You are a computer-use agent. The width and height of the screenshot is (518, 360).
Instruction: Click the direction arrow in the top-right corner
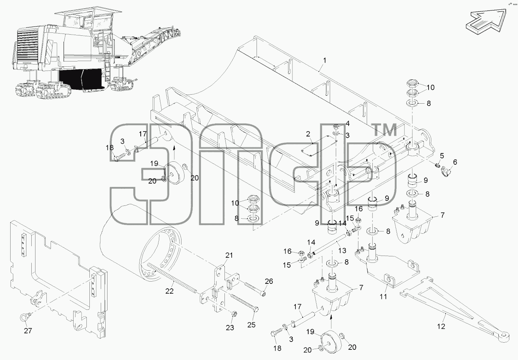coord(486,22)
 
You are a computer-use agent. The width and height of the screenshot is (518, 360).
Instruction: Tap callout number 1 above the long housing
coord(325,60)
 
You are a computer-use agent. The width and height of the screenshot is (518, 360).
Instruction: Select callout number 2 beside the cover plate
coord(308,134)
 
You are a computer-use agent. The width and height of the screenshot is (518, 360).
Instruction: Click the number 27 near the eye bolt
coord(28,331)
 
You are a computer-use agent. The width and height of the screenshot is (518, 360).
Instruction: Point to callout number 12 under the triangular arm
coord(441,326)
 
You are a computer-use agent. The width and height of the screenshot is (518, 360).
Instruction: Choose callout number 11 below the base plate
coord(383,296)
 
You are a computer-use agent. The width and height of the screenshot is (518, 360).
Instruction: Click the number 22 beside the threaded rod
coord(169,291)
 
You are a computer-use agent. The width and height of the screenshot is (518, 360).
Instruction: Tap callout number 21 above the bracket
coord(229,255)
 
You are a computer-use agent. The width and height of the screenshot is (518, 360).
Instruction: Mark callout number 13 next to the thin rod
coord(342,250)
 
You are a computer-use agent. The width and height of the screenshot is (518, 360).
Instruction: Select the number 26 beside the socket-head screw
coord(269,281)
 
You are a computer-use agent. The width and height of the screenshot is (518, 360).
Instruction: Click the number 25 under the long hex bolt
coord(251,325)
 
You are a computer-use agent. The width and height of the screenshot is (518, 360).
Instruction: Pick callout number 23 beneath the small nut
coord(230,328)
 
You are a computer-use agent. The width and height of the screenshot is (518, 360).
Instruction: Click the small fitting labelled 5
coord(437,165)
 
